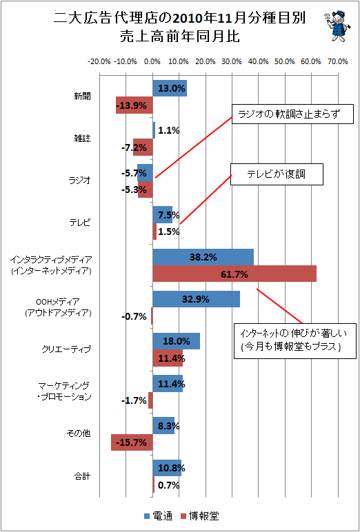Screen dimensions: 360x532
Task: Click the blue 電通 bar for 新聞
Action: click(170, 88)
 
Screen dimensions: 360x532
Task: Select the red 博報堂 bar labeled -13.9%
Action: click(134, 105)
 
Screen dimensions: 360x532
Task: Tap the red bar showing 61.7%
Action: click(234, 274)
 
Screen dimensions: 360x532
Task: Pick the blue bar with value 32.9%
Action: click(197, 299)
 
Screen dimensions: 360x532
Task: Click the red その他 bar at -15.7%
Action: click(132, 442)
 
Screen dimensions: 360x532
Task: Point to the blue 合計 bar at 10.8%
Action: click(167, 468)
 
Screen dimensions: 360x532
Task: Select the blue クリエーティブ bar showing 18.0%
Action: click(177, 341)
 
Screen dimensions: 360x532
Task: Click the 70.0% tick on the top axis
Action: click(337, 62)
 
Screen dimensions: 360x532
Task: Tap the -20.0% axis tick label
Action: click(99, 62)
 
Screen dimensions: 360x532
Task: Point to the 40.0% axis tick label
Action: click(258, 62)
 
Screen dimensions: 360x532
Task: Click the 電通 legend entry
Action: click(159, 516)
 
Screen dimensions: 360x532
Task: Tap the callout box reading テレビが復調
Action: click(277, 175)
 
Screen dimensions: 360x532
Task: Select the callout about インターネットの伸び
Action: click(294, 340)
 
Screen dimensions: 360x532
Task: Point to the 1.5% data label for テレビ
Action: click(168, 232)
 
